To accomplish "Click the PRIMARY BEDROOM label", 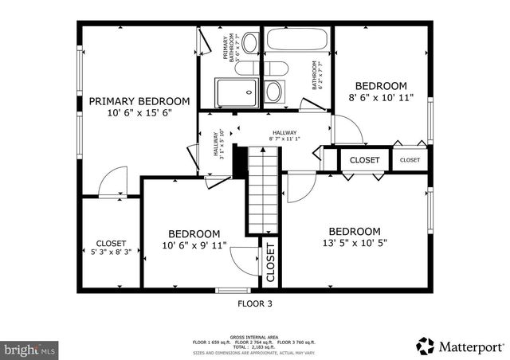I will click(139, 101).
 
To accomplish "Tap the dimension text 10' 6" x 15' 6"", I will click(139, 113).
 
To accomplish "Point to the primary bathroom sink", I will click(248, 42).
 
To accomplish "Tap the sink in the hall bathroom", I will click(273, 90).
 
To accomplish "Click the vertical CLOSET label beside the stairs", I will click(270, 263).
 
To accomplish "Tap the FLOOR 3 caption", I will click(255, 303).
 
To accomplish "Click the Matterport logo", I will click(460, 346).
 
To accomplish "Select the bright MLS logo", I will click(29, 349).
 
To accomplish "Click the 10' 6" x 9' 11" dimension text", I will click(194, 245).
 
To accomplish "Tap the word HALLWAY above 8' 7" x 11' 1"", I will click(284, 133).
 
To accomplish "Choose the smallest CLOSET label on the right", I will click(410, 160).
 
